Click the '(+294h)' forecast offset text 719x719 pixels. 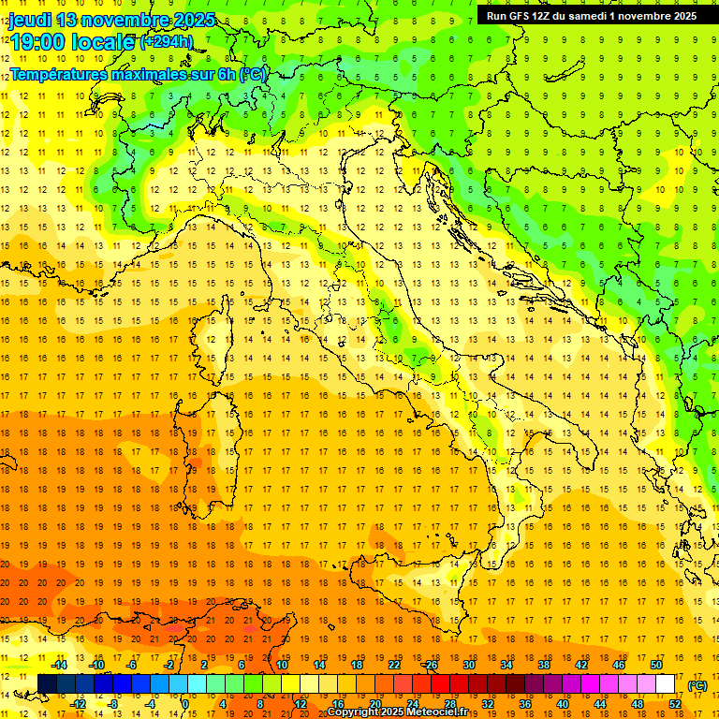166,42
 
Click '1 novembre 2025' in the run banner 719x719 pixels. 652,16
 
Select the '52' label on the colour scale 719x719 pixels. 674,704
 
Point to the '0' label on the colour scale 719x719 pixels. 184,704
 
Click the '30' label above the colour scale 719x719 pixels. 468,665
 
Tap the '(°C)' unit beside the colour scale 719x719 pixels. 697,685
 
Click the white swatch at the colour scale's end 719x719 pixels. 666,684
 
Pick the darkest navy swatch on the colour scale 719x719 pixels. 47,684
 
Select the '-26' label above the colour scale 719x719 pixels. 430,665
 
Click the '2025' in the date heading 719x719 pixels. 193,20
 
